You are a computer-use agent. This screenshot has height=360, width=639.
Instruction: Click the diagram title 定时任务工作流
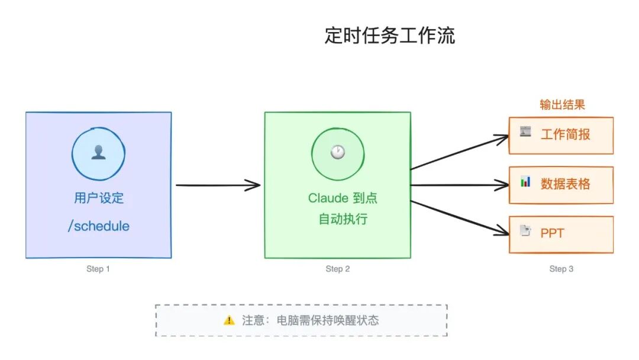coord(389,36)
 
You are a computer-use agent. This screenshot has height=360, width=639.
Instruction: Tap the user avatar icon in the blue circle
coord(98,153)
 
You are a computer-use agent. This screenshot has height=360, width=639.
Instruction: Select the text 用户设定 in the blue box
coord(99,198)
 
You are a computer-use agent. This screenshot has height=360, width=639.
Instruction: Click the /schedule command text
coord(99,226)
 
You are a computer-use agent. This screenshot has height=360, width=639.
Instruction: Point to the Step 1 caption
coord(98,269)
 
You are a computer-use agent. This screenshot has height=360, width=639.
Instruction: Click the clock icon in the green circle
coord(337,153)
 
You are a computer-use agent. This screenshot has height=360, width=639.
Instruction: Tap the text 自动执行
coord(343,219)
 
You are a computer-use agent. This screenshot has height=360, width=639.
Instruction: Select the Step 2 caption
coord(338,269)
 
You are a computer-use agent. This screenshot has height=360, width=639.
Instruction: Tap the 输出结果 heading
coord(562,105)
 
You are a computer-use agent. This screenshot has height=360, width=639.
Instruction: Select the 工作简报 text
coord(566,134)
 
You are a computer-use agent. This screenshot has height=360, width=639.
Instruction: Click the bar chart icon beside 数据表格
coord(525,182)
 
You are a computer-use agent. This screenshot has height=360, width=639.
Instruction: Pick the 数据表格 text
coord(566,184)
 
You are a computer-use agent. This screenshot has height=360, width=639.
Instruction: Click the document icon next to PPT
coord(525,231)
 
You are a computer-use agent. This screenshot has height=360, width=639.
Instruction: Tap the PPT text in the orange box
coord(552,233)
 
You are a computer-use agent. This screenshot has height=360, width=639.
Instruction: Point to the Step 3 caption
coord(561,269)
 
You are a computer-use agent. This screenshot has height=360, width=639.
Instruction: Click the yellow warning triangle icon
coord(229,320)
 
